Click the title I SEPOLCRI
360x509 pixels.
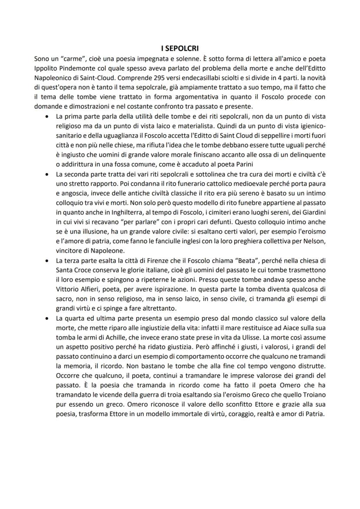click(180, 48)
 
